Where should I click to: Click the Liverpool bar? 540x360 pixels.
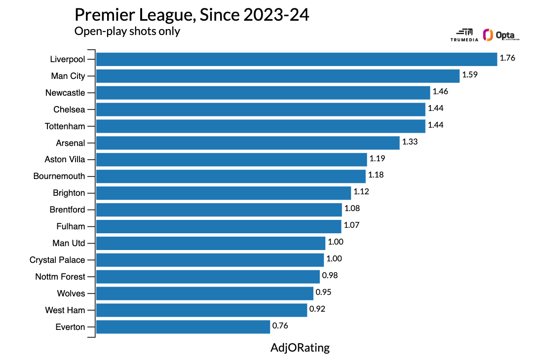(296, 59)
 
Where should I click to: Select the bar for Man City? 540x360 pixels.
(278, 76)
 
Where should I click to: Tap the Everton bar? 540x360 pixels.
(183, 326)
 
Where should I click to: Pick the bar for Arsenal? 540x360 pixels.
(247, 143)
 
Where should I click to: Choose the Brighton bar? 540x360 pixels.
(223, 193)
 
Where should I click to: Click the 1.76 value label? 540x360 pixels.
(507, 58)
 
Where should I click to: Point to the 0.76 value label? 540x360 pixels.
(280, 325)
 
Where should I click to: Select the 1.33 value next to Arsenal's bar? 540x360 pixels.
(410, 142)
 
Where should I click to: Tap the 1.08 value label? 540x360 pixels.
(352, 209)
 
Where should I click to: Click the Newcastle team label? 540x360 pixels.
(65, 93)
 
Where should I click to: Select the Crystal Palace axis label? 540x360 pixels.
(57, 260)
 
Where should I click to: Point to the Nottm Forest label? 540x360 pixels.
(60, 277)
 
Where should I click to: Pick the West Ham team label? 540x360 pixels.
(65, 310)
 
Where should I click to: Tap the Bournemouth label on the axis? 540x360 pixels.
(59, 176)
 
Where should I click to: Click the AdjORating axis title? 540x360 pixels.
(300, 348)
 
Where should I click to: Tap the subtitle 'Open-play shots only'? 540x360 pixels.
(127, 31)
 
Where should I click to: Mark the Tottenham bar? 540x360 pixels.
(260, 126)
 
